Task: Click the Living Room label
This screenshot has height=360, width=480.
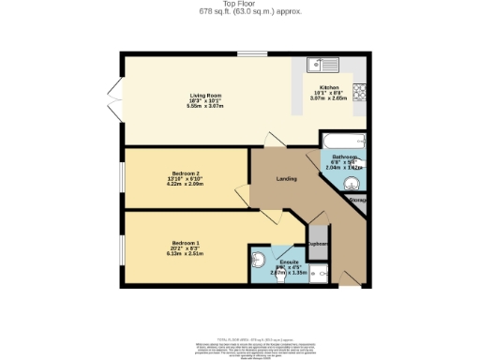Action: tap(204, 95)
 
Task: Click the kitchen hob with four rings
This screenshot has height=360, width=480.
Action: tap(360, 95)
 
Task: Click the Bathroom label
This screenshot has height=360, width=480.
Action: tap(342, 157)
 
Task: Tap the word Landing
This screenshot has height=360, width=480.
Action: tap(287, 178)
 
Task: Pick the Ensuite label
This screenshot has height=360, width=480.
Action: tap(290, 262)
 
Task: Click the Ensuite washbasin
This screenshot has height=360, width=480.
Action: tap(260, 260)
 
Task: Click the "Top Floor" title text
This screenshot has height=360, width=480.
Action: tap(240, 5)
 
